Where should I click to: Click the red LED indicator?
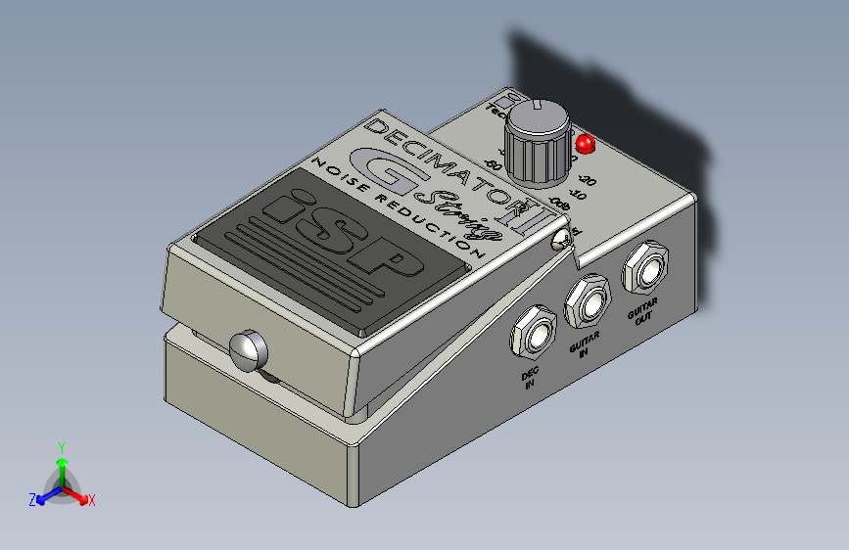[586, 144]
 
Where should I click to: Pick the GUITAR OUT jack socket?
[646, 267]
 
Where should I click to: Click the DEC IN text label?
[530, 379]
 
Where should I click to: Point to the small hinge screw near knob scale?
[562, 241]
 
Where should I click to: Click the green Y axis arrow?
[62, 453]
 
